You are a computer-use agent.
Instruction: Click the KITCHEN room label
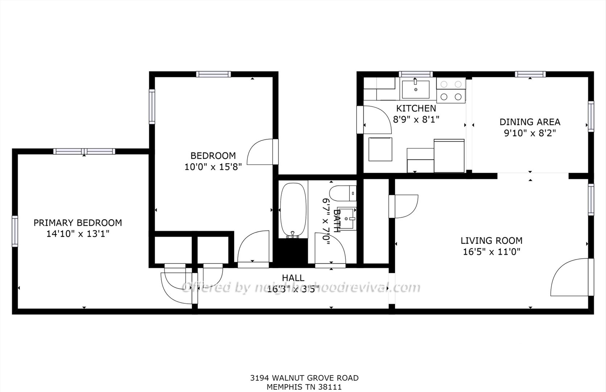[416, 109]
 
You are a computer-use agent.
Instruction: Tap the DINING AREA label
[530, 122]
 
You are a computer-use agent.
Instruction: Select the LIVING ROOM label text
[491, 241]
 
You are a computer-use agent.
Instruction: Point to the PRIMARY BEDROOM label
[78, 223]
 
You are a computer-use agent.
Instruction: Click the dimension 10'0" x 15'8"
[213, 167]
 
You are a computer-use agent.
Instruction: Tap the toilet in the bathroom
[343, 193]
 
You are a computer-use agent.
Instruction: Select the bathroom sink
[346, 219]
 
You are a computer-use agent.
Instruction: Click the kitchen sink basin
[416, 89]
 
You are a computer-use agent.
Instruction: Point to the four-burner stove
[451, 90]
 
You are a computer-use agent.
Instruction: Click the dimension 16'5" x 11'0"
[491, 252]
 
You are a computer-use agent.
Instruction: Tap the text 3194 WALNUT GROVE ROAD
[304, 378]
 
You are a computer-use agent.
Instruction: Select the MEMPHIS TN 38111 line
[304, 387]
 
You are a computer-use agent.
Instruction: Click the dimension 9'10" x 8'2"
[530, 133]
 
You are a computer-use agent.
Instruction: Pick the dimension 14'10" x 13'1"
[78, 234]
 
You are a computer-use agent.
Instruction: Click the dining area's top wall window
[530, 74]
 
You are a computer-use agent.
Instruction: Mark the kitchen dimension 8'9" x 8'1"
[416, 119]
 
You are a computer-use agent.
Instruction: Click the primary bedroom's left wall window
[15, 231]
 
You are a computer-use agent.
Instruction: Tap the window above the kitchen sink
[416, 74]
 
